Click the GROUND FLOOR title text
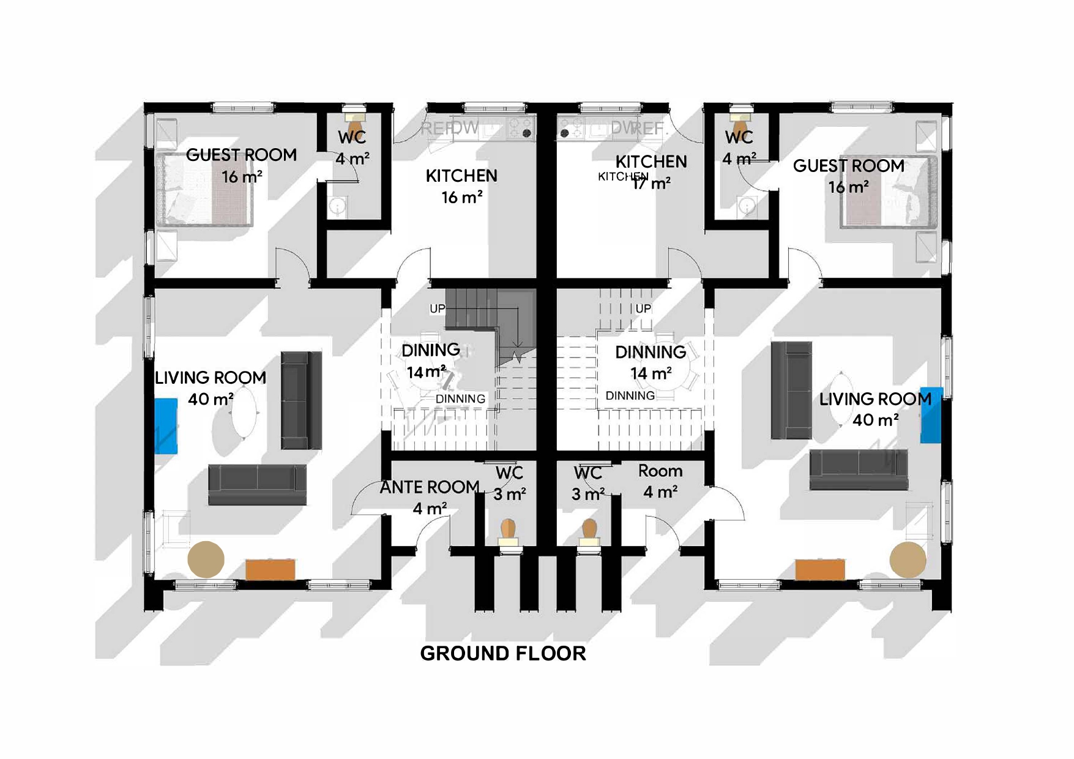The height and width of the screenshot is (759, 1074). [x=503, y=653]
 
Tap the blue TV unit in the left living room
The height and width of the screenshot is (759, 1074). [x=165, y=426]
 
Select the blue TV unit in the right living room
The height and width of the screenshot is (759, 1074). [x=931, y=414]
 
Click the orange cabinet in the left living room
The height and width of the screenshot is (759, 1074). [x=270, y=569]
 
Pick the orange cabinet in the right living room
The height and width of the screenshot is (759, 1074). [x=820, y=569]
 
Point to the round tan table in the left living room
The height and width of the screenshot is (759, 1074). [x=206, y=559]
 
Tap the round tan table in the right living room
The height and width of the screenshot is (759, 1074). [x=908, y=559]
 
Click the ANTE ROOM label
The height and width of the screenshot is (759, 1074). [x=429, y=488]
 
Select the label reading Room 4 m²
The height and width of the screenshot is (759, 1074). [x=660, y=481]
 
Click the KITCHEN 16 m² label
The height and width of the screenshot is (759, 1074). [x=461, y=186]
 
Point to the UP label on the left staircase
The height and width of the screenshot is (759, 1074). [x=437, y=308]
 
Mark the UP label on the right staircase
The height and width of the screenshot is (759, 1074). [x=643, y=308]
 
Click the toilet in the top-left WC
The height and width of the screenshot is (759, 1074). [x=353, y=116]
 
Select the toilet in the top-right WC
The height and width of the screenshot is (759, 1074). [x=740, y=114]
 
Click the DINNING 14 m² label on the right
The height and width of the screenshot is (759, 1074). [x=651, y=362]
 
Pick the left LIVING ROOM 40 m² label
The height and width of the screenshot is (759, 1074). [x=211, y=388]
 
